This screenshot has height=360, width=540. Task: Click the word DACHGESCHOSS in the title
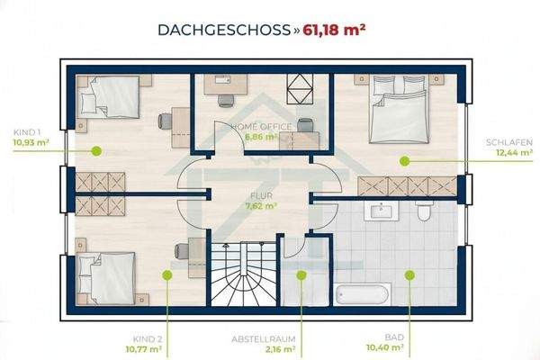(224, 30)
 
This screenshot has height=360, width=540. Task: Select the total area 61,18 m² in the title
(334, 30)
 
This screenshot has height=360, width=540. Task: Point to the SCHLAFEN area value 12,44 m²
(514, 153)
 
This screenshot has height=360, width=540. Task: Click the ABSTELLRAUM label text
(264, 339)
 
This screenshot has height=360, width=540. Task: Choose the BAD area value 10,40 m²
(384, 347)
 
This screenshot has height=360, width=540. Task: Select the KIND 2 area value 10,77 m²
(144, 349)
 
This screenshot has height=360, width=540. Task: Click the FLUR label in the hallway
(261, 195)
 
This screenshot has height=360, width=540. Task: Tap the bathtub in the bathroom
(364, 294)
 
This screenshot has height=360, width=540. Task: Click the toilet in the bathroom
(423, 210)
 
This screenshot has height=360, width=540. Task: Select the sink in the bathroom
(382, 210)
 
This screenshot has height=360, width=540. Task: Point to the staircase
(244, 274)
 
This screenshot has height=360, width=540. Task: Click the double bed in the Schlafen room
(400, 109)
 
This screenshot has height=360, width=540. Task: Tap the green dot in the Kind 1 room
(96, 151)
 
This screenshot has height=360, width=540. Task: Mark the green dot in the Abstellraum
(301, 274)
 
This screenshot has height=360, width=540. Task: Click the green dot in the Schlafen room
(404, 160)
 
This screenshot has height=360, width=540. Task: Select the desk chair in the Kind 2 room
(182, 251)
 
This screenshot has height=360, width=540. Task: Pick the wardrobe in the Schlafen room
(408, 186)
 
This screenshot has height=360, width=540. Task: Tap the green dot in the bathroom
(409, 274)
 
